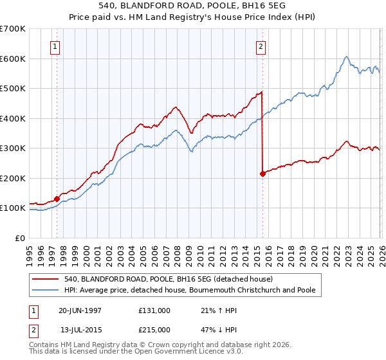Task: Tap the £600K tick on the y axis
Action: coord(13,59)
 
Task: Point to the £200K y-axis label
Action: coord(13,178)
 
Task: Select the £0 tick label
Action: coord(21,238)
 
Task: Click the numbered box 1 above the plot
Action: coord(56,46)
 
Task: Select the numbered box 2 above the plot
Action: coord(261,46)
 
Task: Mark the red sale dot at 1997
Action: coord(57,199)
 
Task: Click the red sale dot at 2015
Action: coord(262,174)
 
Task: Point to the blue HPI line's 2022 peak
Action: coord(346,57)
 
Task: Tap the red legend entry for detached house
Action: coord(169,279)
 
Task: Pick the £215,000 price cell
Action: coord(154,330)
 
